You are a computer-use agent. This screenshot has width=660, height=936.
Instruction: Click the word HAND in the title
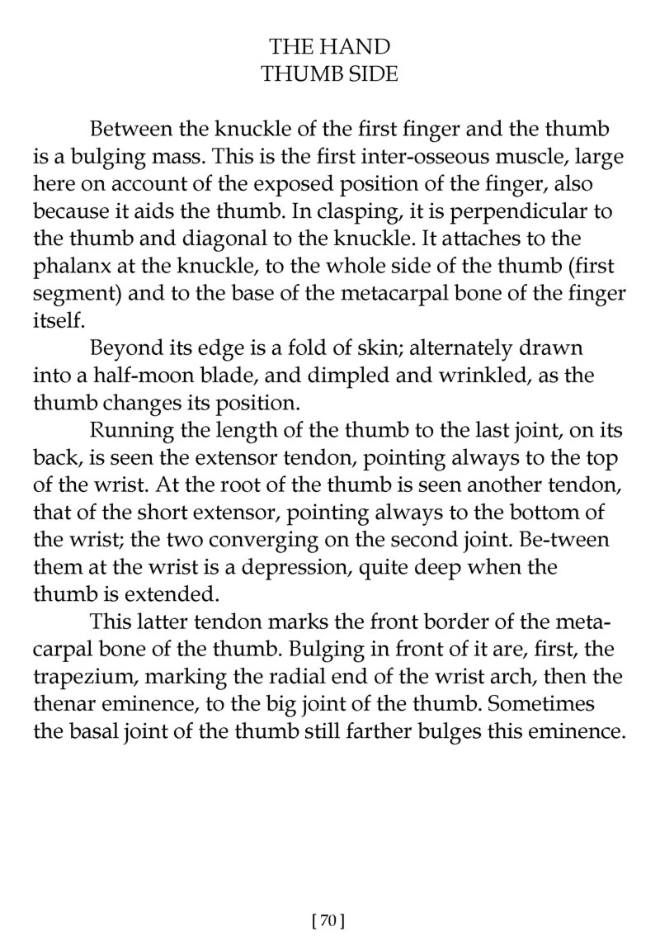click(360, 46)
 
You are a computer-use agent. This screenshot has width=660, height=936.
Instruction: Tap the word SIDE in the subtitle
click(372, 74)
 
